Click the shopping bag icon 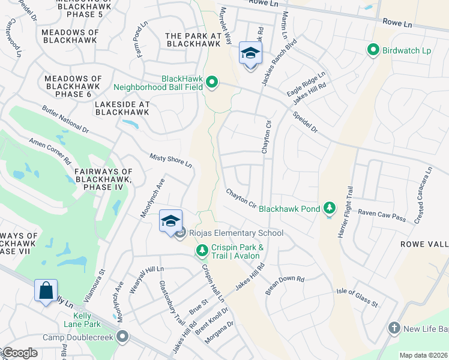point(46,291)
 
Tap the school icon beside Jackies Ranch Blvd point(250,54)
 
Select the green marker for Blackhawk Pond point(328,208)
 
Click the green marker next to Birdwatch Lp point(372,50)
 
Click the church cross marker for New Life point(394,328)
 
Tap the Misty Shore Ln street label point(170,160)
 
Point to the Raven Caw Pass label point(382,212)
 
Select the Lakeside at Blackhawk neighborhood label point(122,107)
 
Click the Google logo point(19,353)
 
